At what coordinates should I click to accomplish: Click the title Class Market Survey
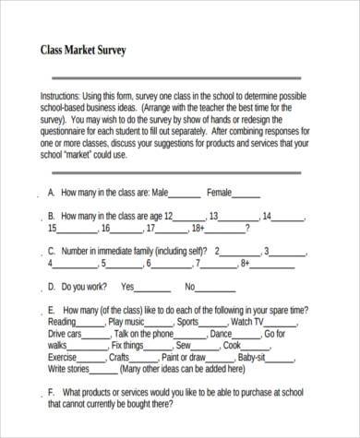pyautogui.click(x=83, y=49)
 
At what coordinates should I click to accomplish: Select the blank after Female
pyautogui.click(x=247, y=194)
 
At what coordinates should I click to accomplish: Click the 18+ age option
pyautogui.click(x=197, y=228)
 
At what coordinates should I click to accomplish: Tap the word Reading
pyautogui.click(x=62, y=322)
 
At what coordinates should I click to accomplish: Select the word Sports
pyautogui.click(x=188, y=322)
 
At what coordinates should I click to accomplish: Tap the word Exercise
pyautogui.click(x=63, y=356)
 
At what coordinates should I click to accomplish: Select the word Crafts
pyautogui.click(x=120, y=356)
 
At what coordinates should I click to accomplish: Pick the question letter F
pyautogui.click(x=51, y=392)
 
